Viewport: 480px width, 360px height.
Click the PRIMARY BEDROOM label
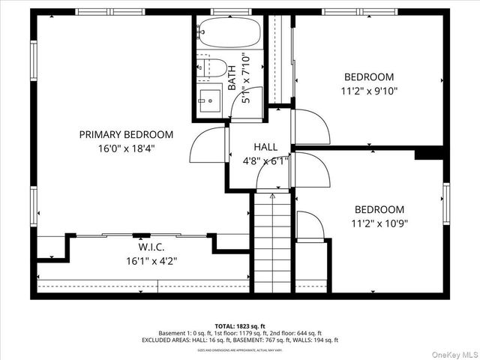(x=126, y=134)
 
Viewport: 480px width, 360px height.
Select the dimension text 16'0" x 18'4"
(x=126, y=148)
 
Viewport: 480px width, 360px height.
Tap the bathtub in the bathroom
(x=229, y=33)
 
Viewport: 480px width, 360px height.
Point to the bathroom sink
(x=209, y=97)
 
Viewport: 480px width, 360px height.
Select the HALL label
(x=265, y=147)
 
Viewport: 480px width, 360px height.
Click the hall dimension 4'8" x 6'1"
(x=265, y=160)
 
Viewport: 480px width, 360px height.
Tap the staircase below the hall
(x=271, y=240)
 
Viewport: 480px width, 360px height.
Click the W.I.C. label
(x=150, y=247)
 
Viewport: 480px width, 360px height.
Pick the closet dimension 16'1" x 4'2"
(x=150, y=261)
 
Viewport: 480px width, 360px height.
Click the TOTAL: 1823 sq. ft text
(x=239, y=325)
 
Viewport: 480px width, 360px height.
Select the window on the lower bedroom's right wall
(x=446, y=204)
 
